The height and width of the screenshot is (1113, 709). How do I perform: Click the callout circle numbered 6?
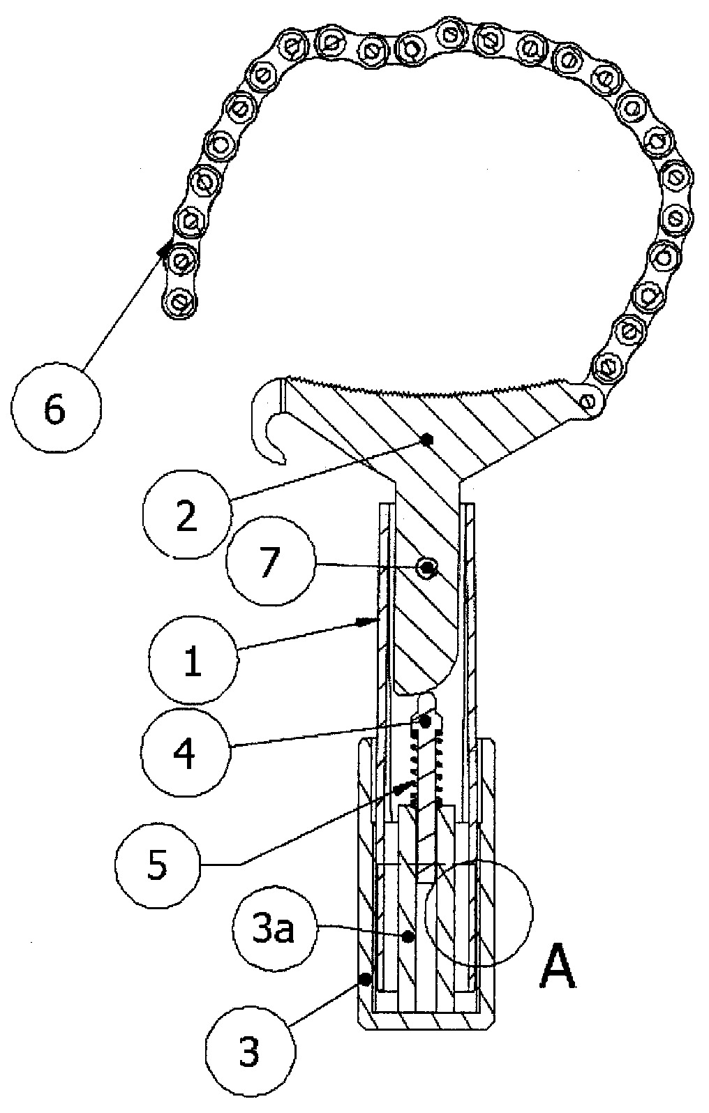click(x=56, y=410)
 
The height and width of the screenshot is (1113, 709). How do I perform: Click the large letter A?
click(x=558, y=966)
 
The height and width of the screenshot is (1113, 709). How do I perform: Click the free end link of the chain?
click(x=179, y=301)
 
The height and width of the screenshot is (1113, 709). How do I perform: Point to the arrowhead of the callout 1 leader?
click(x=372, y=620)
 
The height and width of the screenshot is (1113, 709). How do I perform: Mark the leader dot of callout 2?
click(x=429, y=440)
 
